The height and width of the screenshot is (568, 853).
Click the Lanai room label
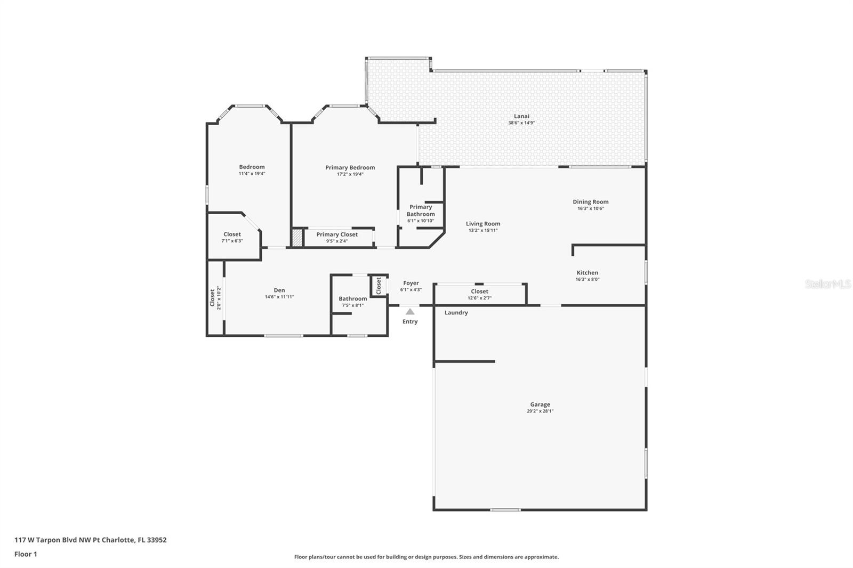click(x=521, y=116)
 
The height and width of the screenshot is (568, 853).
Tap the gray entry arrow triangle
click(x=410, y=312)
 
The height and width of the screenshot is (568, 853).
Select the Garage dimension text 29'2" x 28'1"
click(x=540, y=411)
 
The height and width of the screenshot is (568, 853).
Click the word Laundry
click(x=456, y=313)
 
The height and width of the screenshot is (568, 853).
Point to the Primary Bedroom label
click(x=350, y=167)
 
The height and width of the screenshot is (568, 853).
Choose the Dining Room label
click(x=591, y=202)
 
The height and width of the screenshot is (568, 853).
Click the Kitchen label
click(x=587, y=273)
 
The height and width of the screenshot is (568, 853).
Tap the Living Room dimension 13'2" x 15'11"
click(x=483, y=230)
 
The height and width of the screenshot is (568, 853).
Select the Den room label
click(x=279, y=290)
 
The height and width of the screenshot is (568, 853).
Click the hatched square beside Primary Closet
click(x=297, y=238)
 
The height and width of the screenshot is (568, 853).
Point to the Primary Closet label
click(x=337, y=234)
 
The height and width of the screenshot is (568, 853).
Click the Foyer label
click(x=411, y=283)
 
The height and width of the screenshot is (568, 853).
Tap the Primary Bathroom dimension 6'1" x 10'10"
click(x=421, y=221)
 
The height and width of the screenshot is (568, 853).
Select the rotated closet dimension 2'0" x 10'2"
click(x=219, y=298)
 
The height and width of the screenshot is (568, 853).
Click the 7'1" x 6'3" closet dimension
click(x=232, y=241)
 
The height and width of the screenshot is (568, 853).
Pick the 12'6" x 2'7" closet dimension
click(x=479, y=298)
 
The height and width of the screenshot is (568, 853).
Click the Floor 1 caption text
click(x=26, y=554)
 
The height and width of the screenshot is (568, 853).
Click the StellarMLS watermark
click(x=827, y=284)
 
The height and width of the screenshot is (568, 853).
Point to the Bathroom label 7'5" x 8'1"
click(x=352, y=299)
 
